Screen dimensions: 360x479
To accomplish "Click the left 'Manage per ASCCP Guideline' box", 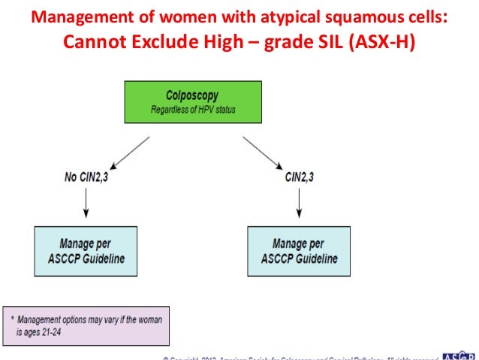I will point(86,251).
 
